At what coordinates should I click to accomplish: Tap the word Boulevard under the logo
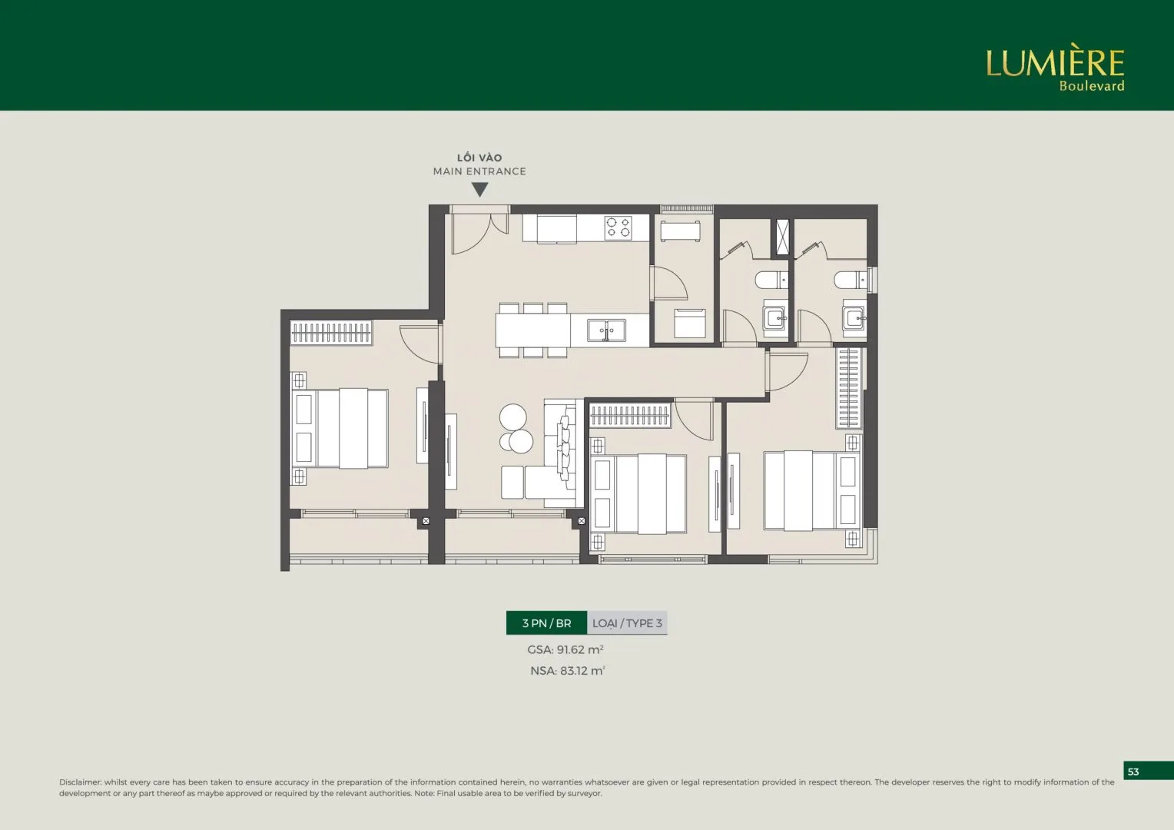[1092, 86]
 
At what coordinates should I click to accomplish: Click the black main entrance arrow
[479, 189]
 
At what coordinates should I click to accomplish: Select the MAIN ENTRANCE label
[479, 171]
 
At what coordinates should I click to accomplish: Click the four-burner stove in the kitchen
[618, 227]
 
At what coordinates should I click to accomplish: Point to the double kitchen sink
[606, 330]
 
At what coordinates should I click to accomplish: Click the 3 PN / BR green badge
[546, 623]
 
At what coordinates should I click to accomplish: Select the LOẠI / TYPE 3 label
[628, 623]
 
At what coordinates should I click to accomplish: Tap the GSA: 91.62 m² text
[565, 649]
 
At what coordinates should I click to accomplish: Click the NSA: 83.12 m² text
[568, 671]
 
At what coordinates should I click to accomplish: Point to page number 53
[1133, 772]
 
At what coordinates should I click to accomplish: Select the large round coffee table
[513, 417]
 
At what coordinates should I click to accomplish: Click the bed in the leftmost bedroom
[340, 428]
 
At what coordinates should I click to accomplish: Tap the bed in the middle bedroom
[638, 494]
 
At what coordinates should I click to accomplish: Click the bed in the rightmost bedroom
[812, 490]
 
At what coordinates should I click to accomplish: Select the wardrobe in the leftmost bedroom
[331, 333]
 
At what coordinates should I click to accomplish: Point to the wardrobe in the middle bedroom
[630, 415]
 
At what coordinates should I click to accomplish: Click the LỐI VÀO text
[479, 158]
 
